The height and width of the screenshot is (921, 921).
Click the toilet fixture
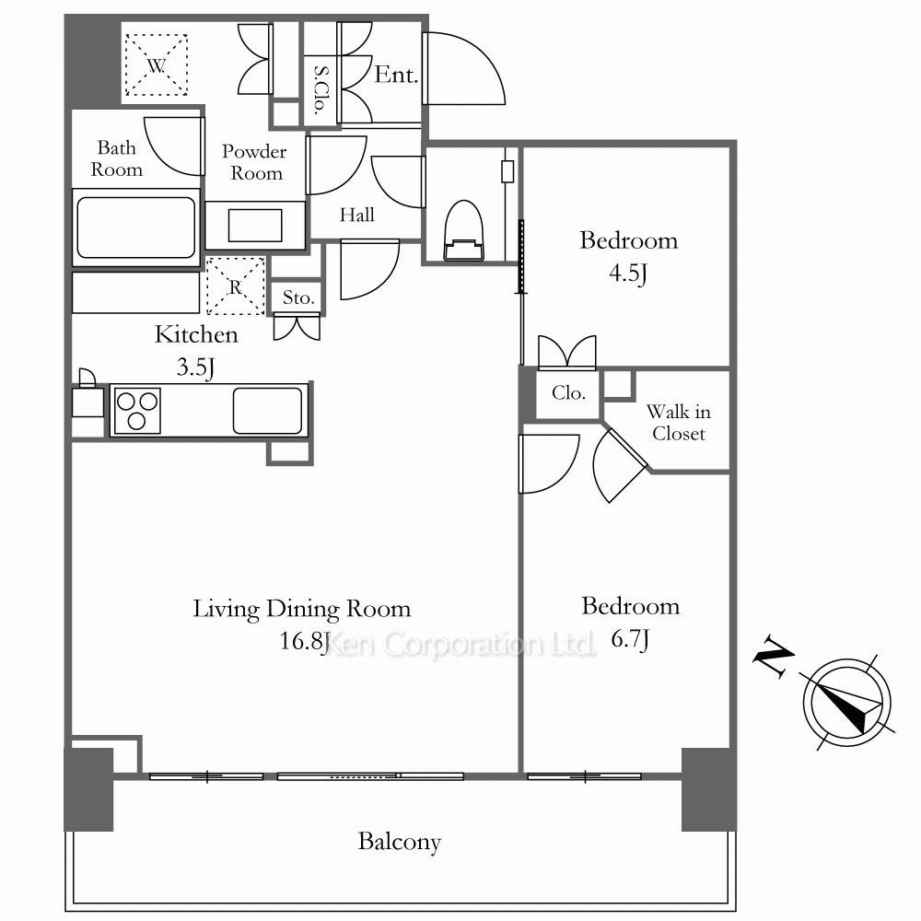point(464,231)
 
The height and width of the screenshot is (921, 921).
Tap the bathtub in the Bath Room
point(135,227)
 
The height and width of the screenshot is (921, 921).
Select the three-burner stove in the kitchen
point(137,411)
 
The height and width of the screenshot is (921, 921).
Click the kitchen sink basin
point(268,411)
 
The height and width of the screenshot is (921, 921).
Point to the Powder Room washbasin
point(255,225)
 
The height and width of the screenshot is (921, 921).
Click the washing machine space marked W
point(157,64)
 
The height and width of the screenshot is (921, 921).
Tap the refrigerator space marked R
point(236,286)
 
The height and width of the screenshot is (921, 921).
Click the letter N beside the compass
point(773,656)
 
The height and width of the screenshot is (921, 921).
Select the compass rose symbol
point(847,703)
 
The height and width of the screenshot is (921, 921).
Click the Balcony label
point(400,842)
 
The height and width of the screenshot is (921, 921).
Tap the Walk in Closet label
point(679,423)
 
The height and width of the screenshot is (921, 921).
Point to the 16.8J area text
point(304,641)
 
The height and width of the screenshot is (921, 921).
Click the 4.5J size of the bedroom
point(628,273)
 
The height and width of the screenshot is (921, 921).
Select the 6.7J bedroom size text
point(630,639)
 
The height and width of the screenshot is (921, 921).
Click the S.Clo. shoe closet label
point(321,89)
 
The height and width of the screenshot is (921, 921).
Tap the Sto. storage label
point(298,297)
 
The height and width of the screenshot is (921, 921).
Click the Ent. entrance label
point(396,75)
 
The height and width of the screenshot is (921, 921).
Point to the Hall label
point(357,215)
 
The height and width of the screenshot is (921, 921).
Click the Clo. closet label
point(568,392)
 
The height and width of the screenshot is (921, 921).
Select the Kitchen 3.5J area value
point(195,367)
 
